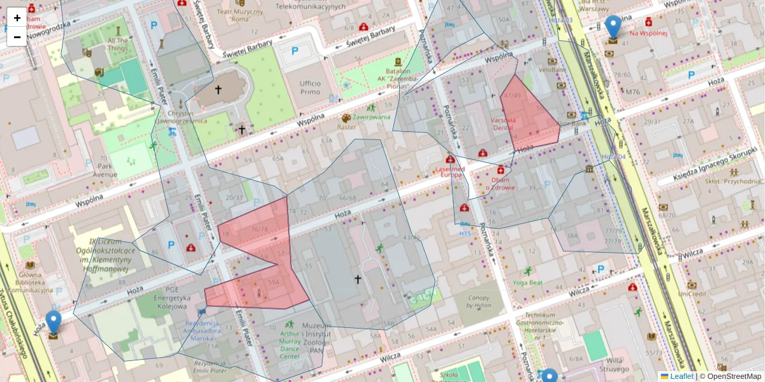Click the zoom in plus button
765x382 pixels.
click(17, 18)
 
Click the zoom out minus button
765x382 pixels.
click(17, 37)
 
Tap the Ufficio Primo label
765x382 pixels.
click(309, 87)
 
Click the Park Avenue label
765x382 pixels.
click(105, 170)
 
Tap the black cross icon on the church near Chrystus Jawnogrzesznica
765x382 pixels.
click(218, 90)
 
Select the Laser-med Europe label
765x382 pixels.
click(450, 173)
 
